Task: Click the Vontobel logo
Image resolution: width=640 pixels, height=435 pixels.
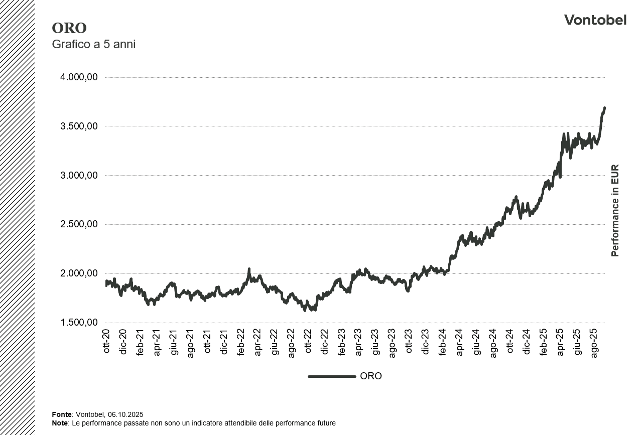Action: pyautogui.click(x=595, y=20)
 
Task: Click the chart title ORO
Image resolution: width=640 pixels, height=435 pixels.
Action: pyautogui.click(x=69, y=28)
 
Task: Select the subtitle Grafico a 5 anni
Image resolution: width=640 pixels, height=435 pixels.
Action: pyautogui.click(x=94, y=44)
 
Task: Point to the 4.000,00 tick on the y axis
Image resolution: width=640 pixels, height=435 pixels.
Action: pyautogui.click(x=79, y=77)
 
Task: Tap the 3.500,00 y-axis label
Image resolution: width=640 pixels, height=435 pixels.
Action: pyautogui.click(x=79, y=126)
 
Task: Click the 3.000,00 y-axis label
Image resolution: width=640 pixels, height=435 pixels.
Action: pyautogui.click(x=79, y=176)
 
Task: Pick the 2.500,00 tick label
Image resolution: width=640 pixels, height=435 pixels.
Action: pyautogui.click(x=79, y=224)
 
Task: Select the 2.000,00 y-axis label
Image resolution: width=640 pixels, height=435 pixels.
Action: pyautogui.click(x=79, y=273)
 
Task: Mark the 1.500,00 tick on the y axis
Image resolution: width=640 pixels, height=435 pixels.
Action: pyautogui.click(x=79, y=323)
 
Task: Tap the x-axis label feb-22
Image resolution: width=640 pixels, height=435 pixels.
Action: pyautogui.click(x=241, y=343)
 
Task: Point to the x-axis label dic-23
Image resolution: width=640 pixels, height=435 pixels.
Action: pyautogui.click(x=426, y=342)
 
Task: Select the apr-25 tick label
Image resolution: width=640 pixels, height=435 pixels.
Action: pyautogui.click(x=560, y=342)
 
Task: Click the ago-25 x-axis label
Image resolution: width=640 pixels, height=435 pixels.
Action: pyautogui.click(x=594, y=343)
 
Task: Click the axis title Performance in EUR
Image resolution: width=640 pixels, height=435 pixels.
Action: pyautogui.click(x=615, y=211)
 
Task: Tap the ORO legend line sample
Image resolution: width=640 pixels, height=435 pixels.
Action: pyautogui.click(x=332, y=376)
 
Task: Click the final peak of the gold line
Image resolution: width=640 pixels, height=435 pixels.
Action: pyautogui.click(x=604, y=108)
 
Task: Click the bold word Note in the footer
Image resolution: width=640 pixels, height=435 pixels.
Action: pyautogui.click(x=60, y=423)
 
